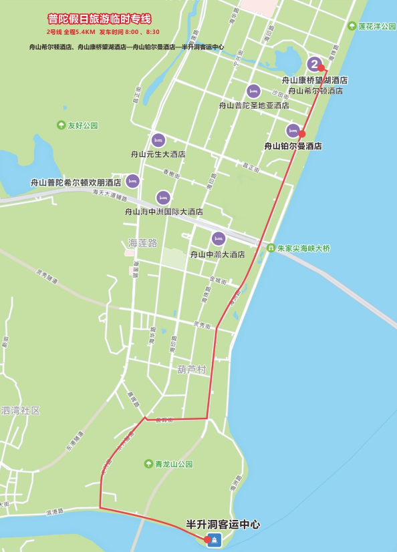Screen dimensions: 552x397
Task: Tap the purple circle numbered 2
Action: point(314,64)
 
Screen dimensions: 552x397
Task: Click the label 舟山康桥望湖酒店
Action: point(314,80)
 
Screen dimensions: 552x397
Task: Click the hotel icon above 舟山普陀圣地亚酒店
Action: point(253,91)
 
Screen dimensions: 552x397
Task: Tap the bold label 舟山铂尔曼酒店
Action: point(293,146)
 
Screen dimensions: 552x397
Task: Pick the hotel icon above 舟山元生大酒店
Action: point(158,140)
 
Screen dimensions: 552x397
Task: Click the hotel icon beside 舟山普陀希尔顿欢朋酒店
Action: point(132,181)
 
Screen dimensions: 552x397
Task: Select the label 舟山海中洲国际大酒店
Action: point(164,212)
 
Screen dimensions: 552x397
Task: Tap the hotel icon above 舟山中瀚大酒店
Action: point(218,238)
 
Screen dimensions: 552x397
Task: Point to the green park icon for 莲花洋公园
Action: point(352,26)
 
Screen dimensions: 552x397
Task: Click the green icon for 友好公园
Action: point(61,125)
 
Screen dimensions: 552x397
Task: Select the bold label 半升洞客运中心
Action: point(223,525)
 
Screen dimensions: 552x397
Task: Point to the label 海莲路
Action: point(142,243)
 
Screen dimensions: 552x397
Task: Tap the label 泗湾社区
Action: point(21,410)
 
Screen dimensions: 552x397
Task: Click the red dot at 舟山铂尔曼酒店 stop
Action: point(302,133)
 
